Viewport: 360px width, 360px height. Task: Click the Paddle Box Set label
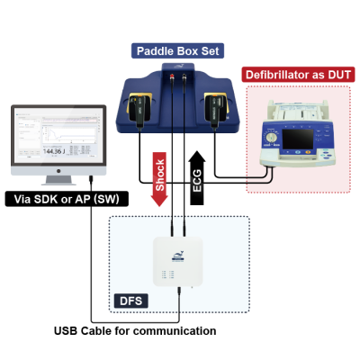pyautogui.click(x=177, y=50)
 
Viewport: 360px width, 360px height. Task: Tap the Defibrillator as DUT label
pyautogui.click(x=298, y=75)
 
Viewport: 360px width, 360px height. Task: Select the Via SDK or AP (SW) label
pyautogui.click(x=67, y=199)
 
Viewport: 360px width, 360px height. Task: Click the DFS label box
pyautogui.click(x=130, y=301)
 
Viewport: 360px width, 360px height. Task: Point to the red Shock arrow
pyautogui.click(x=159, y=179)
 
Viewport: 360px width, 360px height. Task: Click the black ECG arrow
pyautogui.click(x=197, y=178)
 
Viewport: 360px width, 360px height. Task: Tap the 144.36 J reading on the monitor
pyautogui.click(x=54, y=151)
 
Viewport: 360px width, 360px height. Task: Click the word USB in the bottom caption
pyautogui.click(x=66, y=331)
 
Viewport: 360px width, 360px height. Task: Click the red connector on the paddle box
pyautogui.click(x=172, y=76)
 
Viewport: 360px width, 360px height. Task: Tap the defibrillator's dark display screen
pyautogui.click(x=298, y=139)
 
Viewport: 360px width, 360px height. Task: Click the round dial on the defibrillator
pyautogui.click(x=272, y=138)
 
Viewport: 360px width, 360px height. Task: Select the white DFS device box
pyautogui.click(x=178, y=261)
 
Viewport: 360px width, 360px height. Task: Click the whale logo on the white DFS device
pyautogui.click(x=178, y=256)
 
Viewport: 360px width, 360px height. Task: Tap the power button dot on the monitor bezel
pyautogui.click(x=58, y=171)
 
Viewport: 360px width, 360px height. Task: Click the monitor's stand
pyautogui.click(x=58, y=180)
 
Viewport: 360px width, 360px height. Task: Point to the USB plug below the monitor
pyautogui.click(x=91, y=180)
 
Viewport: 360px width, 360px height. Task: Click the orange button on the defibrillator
pyautogui.click(x=308, y=152)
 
